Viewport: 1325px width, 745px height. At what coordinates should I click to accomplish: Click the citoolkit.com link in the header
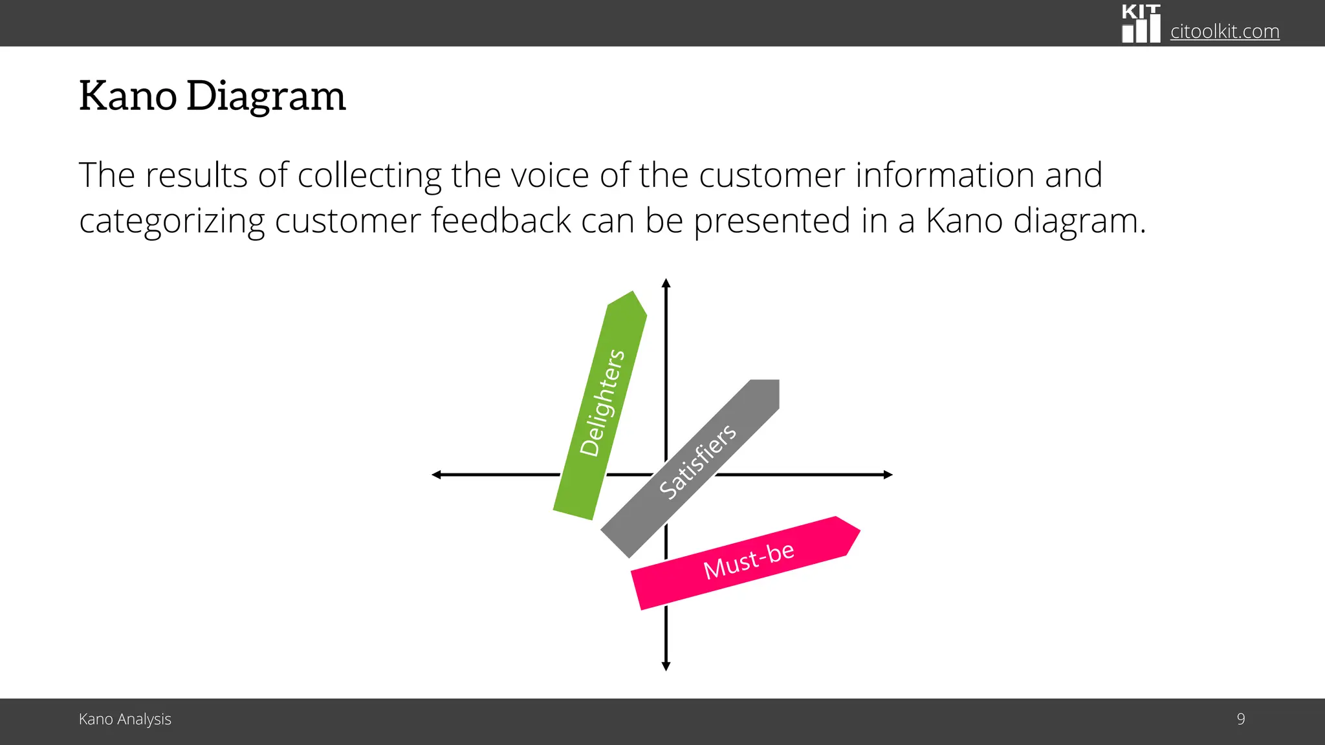point(1224,31)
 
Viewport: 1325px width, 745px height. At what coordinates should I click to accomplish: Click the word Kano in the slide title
point(127,96)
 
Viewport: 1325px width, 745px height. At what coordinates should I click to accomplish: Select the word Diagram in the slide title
point(266,96)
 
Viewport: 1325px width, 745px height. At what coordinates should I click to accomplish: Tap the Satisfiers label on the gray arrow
point(697,462)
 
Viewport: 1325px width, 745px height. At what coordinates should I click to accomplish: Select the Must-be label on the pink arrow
point(749,561)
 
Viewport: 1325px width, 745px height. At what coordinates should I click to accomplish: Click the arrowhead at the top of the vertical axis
point(666,283)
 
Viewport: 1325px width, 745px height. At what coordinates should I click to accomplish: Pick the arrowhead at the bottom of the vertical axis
point(666,666)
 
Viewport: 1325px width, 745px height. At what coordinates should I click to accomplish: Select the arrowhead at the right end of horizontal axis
point(888,475)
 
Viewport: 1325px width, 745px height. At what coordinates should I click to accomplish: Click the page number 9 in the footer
point(1240,719)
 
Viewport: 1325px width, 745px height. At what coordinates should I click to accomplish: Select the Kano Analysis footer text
point(125,719)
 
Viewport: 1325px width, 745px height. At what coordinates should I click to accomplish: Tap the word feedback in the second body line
point(501,221)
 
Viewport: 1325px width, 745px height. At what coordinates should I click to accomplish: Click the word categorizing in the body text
point(171,221)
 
